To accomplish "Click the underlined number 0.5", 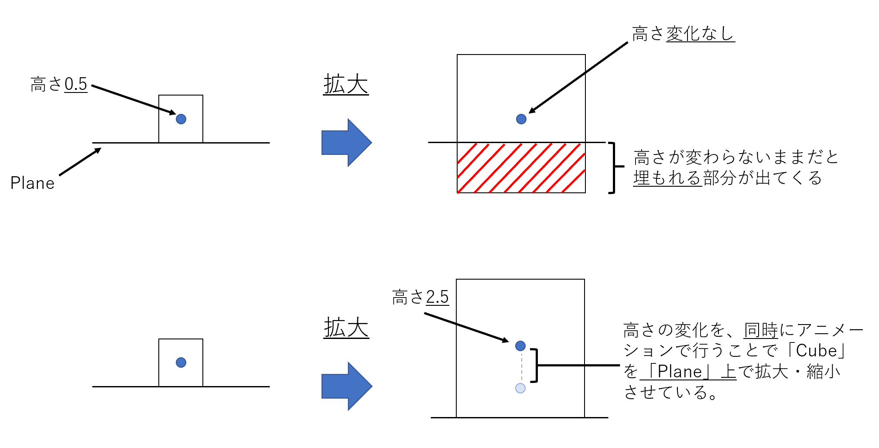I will (76, 84).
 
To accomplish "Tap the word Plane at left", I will (33, 183).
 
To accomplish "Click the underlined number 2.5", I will (438, 297).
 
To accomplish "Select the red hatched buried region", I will (521, 168).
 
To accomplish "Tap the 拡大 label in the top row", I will (346, 84).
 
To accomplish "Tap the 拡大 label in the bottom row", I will (346, 328).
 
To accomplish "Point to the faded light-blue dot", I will (520, 388).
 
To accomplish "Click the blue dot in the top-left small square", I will (181, 119).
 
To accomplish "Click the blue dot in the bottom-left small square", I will (181, 363).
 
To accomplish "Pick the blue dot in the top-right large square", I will (521, 119).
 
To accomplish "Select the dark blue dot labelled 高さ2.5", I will (520, 346).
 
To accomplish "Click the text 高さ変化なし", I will (683, 34).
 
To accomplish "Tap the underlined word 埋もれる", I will (667, 178).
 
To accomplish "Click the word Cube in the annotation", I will (816, 351).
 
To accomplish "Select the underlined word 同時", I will (761, 330).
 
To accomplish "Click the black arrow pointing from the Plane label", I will (80, 162).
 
